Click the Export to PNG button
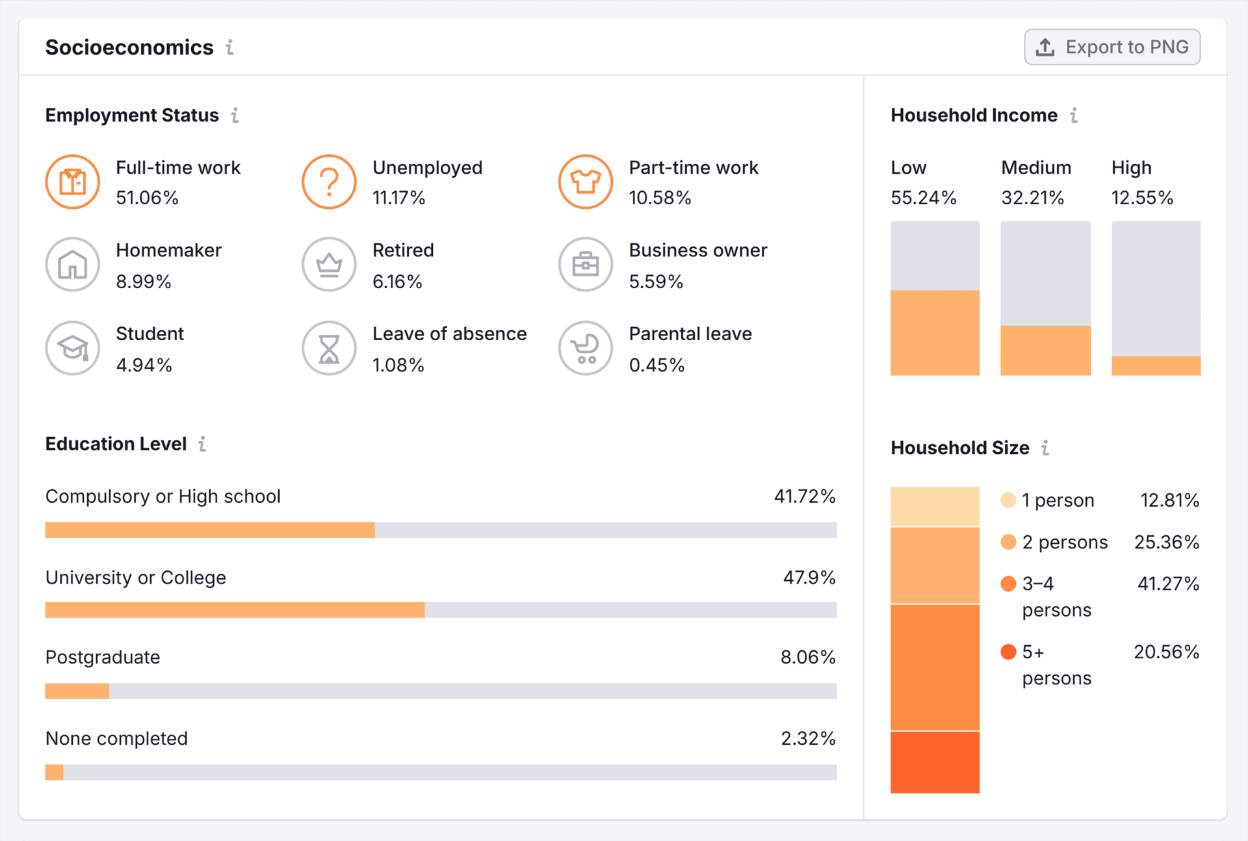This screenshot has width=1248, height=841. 1112,47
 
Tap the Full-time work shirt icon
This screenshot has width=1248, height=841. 73,181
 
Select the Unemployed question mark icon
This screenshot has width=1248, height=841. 329,181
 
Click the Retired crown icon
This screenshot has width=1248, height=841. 329,264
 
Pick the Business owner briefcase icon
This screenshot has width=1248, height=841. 586,264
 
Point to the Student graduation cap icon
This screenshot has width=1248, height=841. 73,348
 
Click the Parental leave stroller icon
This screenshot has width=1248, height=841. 586,348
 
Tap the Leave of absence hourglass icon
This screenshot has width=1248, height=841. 329,348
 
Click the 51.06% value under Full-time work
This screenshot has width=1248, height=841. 147,198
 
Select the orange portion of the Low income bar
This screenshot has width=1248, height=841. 935,333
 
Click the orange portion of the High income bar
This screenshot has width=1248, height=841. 1156,366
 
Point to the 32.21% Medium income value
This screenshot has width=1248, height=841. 1032,198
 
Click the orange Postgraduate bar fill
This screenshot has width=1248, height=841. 77,691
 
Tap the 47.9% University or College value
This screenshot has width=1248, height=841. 809,578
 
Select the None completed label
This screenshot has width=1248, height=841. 116,738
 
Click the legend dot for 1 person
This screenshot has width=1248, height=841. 1008,500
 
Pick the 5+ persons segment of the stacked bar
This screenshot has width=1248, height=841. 935,762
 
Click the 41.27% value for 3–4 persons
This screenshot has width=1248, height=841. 1167,583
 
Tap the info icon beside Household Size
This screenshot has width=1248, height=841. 1045,447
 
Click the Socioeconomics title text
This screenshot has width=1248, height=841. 129,47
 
